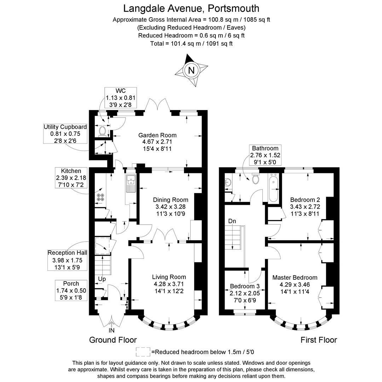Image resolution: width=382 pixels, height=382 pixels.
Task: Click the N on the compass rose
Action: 191,70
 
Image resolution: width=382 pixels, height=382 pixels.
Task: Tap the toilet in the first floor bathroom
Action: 255,179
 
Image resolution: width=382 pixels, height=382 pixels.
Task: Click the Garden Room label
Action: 157,135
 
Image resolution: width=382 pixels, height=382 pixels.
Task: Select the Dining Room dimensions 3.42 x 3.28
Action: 170,207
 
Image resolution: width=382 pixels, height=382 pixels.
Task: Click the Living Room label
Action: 169,277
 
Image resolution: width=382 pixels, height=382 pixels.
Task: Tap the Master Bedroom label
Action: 295,278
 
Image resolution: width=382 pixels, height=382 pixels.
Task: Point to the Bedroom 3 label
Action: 245,286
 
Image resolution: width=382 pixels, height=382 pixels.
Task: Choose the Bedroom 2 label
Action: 305,200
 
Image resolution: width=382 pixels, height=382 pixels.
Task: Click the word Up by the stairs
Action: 102,279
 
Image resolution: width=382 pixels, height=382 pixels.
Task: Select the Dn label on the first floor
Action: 232,221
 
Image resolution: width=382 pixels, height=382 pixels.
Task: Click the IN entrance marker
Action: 111,330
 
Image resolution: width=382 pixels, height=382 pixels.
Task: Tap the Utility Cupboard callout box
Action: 65,134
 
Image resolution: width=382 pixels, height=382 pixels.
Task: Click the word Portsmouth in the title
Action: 233,8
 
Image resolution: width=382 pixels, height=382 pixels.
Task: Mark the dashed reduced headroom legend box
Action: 143,352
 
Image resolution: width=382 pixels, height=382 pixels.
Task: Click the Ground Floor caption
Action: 113,340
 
